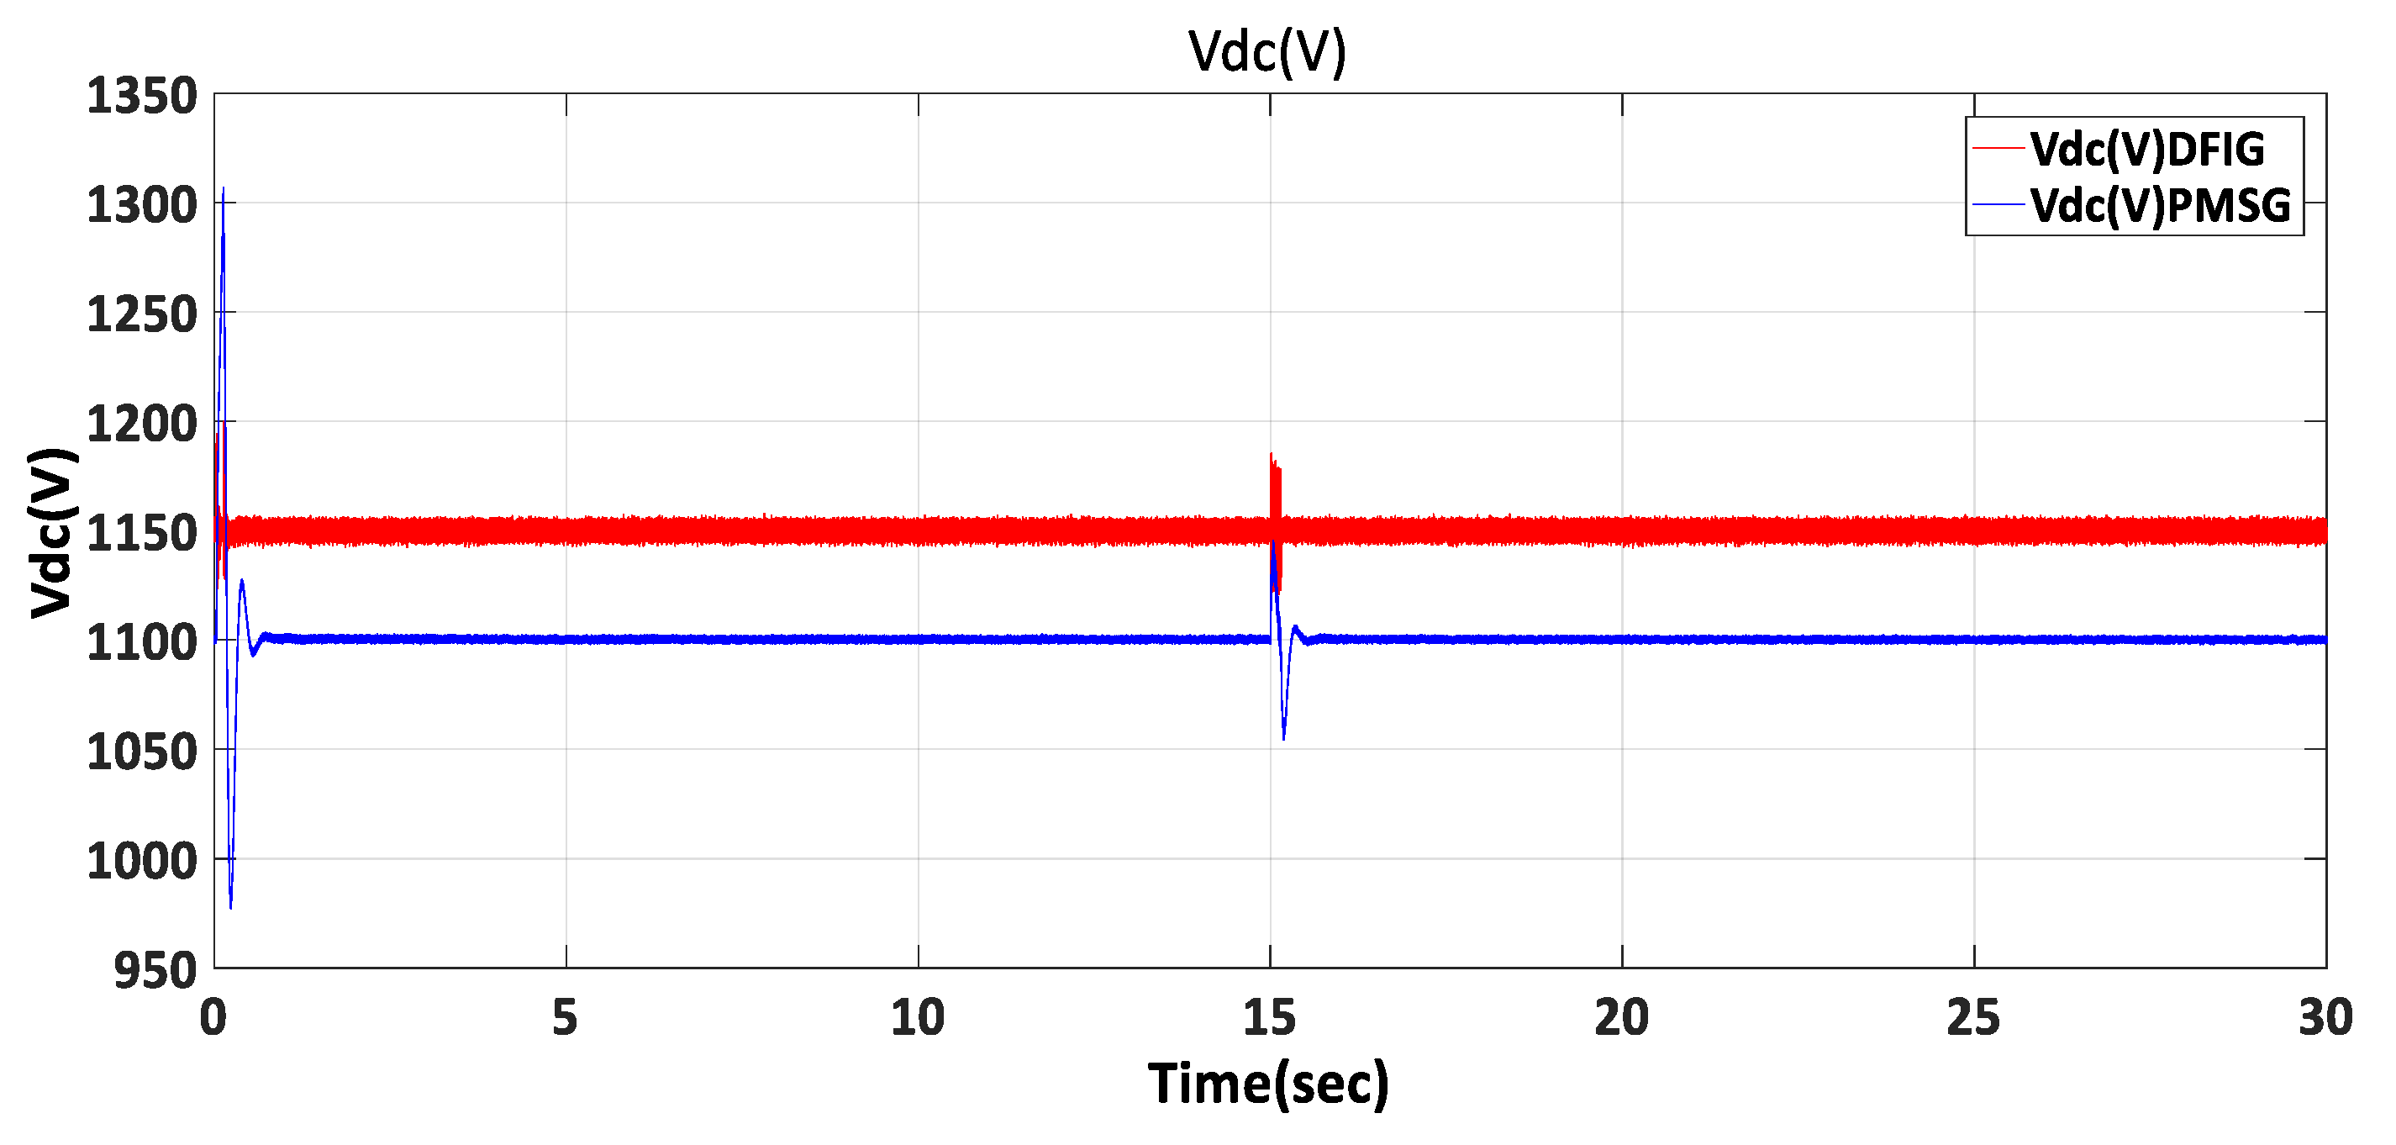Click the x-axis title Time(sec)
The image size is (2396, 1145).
tap(1268, 1084)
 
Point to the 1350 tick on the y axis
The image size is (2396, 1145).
tap(141, 97)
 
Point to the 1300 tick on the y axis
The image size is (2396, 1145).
tap(141, 206)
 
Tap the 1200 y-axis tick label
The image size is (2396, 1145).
tap(141, 425)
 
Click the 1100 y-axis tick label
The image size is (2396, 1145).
tap(141, 643)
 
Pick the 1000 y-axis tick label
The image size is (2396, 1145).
tap(141, 862)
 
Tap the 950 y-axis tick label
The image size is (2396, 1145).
tap(155, 970)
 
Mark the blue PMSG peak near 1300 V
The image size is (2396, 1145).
tap(224, 191)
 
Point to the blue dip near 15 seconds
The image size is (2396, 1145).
tap(1283, 736)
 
